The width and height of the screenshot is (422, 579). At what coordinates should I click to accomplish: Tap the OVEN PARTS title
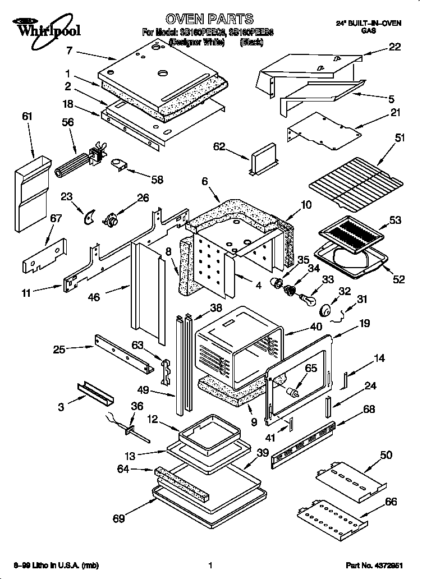203,20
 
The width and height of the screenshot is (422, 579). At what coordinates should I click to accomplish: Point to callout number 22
395,47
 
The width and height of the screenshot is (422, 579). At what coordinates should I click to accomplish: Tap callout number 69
118,518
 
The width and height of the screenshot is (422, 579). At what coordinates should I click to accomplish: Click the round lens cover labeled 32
325,309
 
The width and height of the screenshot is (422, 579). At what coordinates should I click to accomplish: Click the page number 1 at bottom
209,564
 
